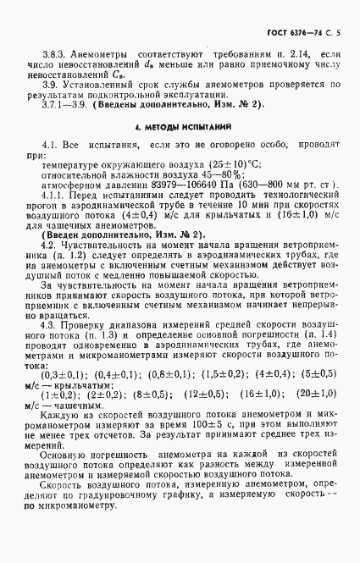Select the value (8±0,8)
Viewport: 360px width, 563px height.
(x=150, y=394)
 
